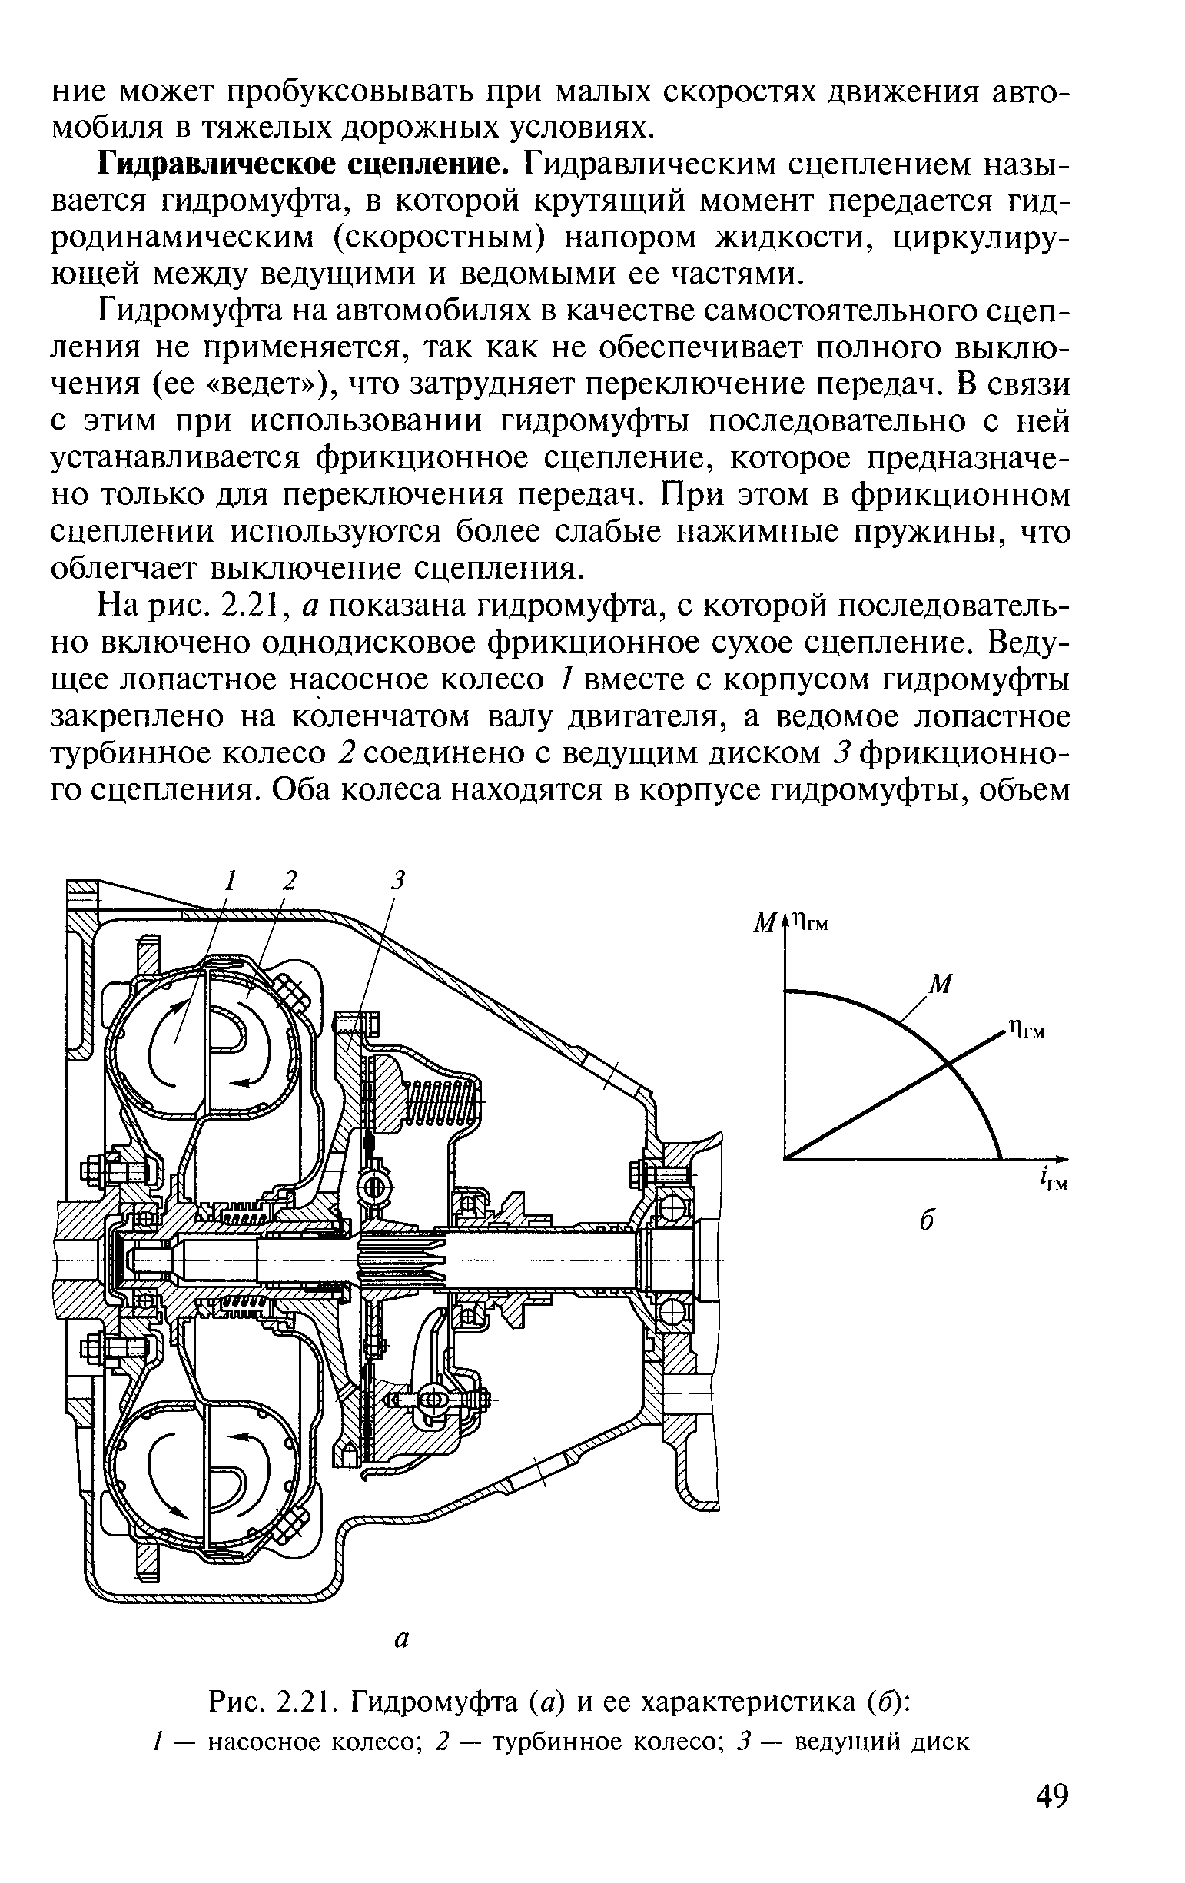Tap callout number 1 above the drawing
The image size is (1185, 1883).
229,881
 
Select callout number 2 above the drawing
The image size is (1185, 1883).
290,881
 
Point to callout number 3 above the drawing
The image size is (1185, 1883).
399,881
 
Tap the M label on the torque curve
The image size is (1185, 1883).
941,985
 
